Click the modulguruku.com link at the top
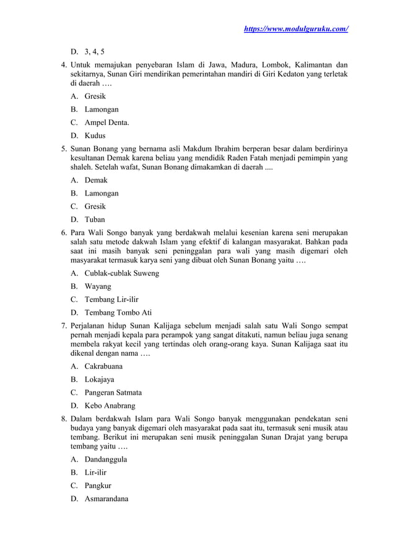coord(295,28)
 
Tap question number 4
coord(63,65)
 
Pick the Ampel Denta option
coord(106,122)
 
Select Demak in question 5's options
coord(96,180)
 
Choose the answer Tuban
coord(95,219)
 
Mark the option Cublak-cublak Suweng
coord(122,273)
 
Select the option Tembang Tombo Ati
coord(118,312)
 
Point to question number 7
coord(63,325)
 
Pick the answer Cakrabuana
coord(103,366)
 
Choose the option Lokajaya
coord(100,379)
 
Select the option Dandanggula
coord(106,460)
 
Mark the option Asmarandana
coord(106,499)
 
